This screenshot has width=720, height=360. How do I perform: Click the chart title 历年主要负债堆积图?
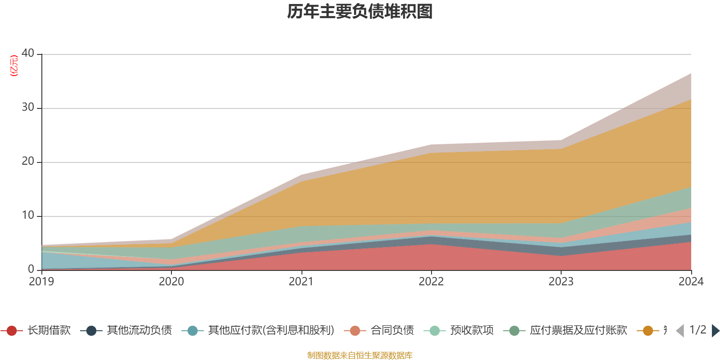pyautogui.click(x=360, y=12)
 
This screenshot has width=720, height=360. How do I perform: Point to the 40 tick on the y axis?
pyautogui.click(x=28, y=53)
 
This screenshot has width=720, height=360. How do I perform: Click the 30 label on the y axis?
pyautogui.click(x=28, y=107)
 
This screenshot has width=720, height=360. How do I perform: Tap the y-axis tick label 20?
pyautogui.click(x=28, y=161)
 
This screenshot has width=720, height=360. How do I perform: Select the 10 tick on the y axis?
pyautogui.click(x=28, y=215)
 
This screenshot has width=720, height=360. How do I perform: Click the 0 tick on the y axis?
pyautogui.click(x=31, y=269)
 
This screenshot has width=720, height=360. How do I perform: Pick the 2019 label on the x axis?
pyautogui.click(x=41, y=282)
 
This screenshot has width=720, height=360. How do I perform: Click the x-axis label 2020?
pyautogui.click(x=171, y=282)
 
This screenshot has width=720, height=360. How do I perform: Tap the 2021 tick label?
pyautogui.click(x=301, y=282)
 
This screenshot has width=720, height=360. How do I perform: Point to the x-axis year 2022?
pyautogui.click(x=431, y=282)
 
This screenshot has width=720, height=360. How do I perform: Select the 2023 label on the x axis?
pyautogui.click(x=561, y=282)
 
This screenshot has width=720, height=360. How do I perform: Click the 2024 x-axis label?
pyautogui.click(x=691, y=282)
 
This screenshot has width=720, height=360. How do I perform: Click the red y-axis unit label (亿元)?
pyautogui.click(x=14, y=66)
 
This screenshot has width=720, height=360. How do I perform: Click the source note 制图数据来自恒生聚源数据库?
pyautogui.click(x=360, y=355)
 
